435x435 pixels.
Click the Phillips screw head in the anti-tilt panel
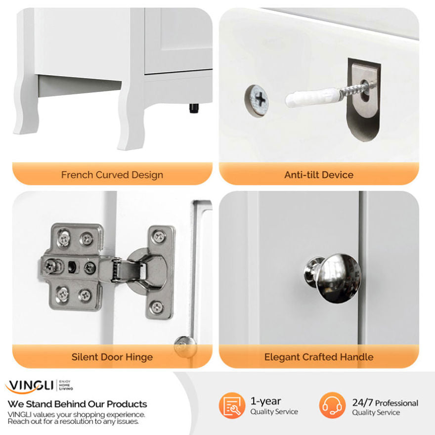click(x=257, y=100)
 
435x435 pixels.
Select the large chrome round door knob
click(x=333, y=278)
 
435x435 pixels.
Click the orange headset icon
click(x=332, y=405)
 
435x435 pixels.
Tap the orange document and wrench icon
click(x=232, y=405)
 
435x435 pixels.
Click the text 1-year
click(x=266, y=401)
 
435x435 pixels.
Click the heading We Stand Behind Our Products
click(x=78, y=404)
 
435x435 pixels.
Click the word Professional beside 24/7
click(x=396, y=403)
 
